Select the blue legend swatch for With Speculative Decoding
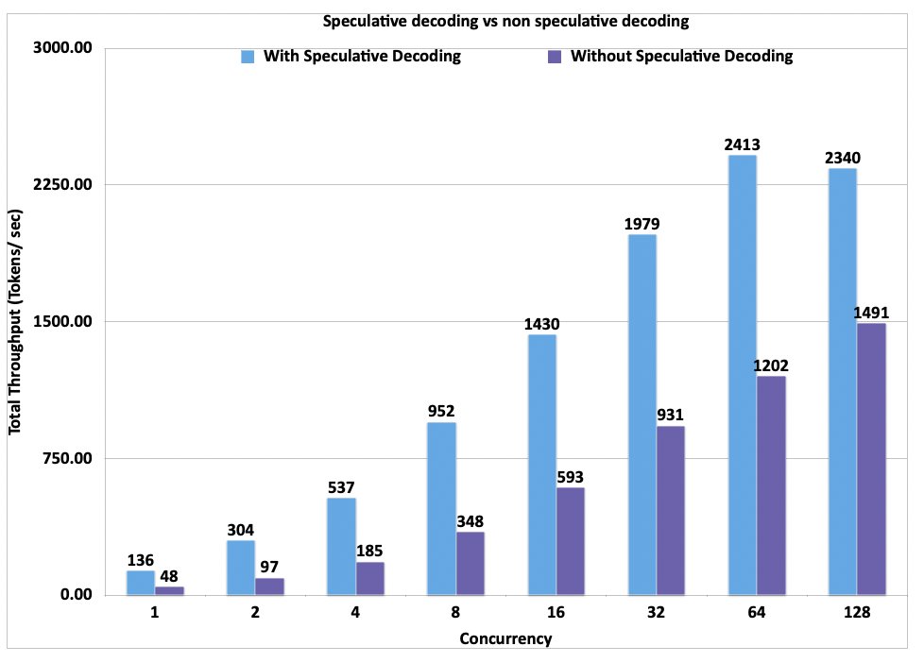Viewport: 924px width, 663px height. (248, 57)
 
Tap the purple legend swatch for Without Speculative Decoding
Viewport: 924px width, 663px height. (555, 57)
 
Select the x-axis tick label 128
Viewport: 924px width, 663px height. (856, 613)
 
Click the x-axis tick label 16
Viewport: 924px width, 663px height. (556, 613)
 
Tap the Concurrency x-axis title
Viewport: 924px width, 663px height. (505, 639)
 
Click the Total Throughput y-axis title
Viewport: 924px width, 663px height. (16, 321)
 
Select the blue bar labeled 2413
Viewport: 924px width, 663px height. (742, 375)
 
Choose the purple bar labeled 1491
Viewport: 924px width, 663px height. (871, 459)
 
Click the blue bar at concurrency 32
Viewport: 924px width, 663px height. (642, 415)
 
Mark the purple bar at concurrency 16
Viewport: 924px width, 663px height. (571, 541)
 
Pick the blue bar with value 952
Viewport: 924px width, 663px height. (441, 508)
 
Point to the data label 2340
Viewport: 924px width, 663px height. (841, 158)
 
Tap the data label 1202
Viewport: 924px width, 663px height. (771, 365)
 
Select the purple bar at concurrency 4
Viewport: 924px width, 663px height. (369, 578)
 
